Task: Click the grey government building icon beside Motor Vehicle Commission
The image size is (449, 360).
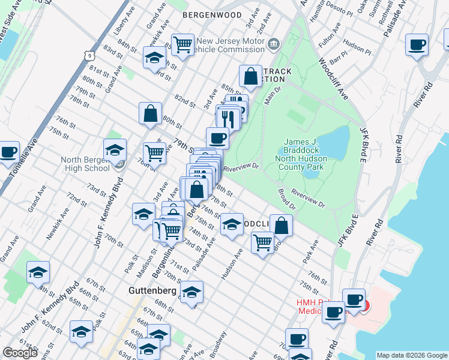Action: pos(274,43)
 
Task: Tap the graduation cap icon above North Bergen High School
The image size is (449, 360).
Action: pos(115,150)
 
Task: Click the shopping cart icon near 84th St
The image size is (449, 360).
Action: pos(182,44)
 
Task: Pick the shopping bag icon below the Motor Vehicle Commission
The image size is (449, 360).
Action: pos(250,76)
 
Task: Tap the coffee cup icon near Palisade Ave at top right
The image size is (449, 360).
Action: pos(417,44)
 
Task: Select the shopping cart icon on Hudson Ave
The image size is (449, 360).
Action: pos(262,242)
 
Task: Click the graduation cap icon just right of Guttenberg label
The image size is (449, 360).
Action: pos(192,292)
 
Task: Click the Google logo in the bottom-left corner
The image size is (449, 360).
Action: pos(20,353)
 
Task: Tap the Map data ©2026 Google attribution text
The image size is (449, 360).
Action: pos(411,355)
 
